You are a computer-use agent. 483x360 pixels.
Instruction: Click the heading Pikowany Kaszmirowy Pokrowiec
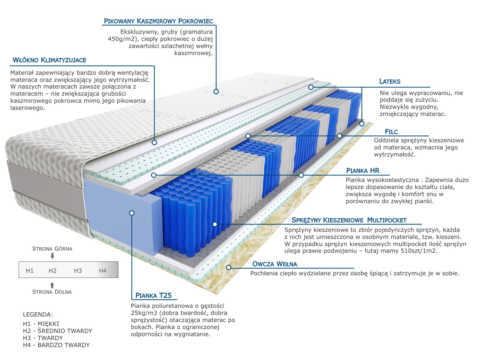(x=158, y=21)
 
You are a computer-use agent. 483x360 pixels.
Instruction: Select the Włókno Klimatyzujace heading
(x=49, y=60)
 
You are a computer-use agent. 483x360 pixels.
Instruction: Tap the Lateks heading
(x=390, y=81)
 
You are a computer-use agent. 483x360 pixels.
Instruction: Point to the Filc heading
(x=391, y=132)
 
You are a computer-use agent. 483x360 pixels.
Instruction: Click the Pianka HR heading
(x=363, y=171)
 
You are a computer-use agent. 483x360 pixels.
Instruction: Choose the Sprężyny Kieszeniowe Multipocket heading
(x=349, y=220)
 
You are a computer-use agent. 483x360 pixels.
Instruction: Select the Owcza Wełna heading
(x=275, y=264)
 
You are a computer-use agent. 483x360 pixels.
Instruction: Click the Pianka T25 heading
(x=154, y=295)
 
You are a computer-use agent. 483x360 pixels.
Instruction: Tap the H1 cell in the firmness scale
(x=30, y=271)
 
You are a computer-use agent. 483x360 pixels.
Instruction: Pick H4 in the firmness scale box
(x=103, y=271)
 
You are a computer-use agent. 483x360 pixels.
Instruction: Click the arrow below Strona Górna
(x=52, y=256)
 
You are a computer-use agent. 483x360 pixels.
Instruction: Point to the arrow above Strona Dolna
(x=52, y=285)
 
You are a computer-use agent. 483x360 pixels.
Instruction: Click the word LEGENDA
(x=38, y=315)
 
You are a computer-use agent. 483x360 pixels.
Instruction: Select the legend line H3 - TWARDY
(x=43, y=338)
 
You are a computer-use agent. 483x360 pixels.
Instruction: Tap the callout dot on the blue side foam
(x=131, y=213)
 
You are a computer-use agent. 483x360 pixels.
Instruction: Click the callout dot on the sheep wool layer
(x=229, y=267)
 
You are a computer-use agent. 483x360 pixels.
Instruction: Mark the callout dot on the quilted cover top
(x=216, y=91)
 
